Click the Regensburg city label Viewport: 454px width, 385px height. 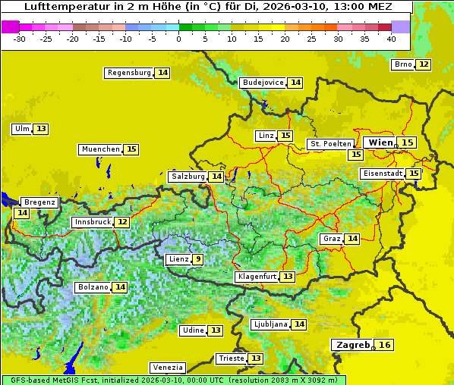[129, 73]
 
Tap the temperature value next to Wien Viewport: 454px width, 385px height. [408, 142]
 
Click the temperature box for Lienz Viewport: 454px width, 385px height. [197, 259]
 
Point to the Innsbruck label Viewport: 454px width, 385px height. [92, 222]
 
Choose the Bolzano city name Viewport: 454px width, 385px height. [93, 287]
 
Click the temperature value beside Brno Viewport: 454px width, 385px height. [423, 64]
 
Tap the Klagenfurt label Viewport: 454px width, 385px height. [256, 277]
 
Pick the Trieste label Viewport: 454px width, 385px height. [231, 358]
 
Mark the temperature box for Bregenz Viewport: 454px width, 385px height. [21, 213]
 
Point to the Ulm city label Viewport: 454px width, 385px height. [22, 129]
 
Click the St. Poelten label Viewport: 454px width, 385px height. [330, 143]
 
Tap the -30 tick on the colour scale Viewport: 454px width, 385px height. [20, 38]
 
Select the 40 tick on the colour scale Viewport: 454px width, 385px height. [391, 38]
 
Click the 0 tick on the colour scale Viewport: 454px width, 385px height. [178, 38]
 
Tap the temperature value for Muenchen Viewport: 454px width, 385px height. [131, 149]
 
